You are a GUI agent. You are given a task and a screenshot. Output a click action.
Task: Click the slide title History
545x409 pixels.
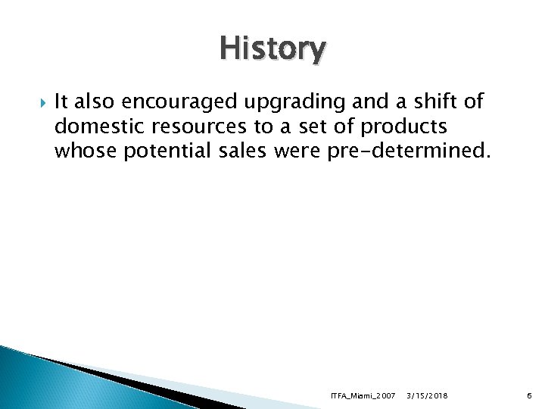click(x=272, y=50)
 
